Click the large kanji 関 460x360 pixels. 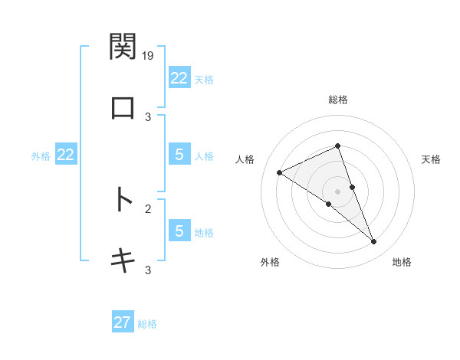point(123,47)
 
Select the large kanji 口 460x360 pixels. point(123,108)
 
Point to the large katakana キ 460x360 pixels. point(123,260)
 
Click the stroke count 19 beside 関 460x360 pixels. point(149,55)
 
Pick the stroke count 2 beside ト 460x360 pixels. point(149,208)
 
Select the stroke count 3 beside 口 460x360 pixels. point(149,116)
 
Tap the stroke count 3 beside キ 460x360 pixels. point(149,269)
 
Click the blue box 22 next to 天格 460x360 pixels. point(179,78)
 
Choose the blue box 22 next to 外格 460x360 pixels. point(66,155)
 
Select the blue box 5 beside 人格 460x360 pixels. point(179,155)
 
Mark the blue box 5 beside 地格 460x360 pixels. point(179,231)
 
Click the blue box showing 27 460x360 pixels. point(123,322)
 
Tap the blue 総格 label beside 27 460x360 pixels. point(147,324)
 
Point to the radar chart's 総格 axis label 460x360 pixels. point(337,100)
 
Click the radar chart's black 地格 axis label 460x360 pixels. point(402,263)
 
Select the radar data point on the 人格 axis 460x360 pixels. point(280,172)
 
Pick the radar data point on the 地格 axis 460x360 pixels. point(374,242)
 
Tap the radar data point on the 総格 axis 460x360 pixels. point(337,146)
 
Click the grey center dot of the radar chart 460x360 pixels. point(337,191)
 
